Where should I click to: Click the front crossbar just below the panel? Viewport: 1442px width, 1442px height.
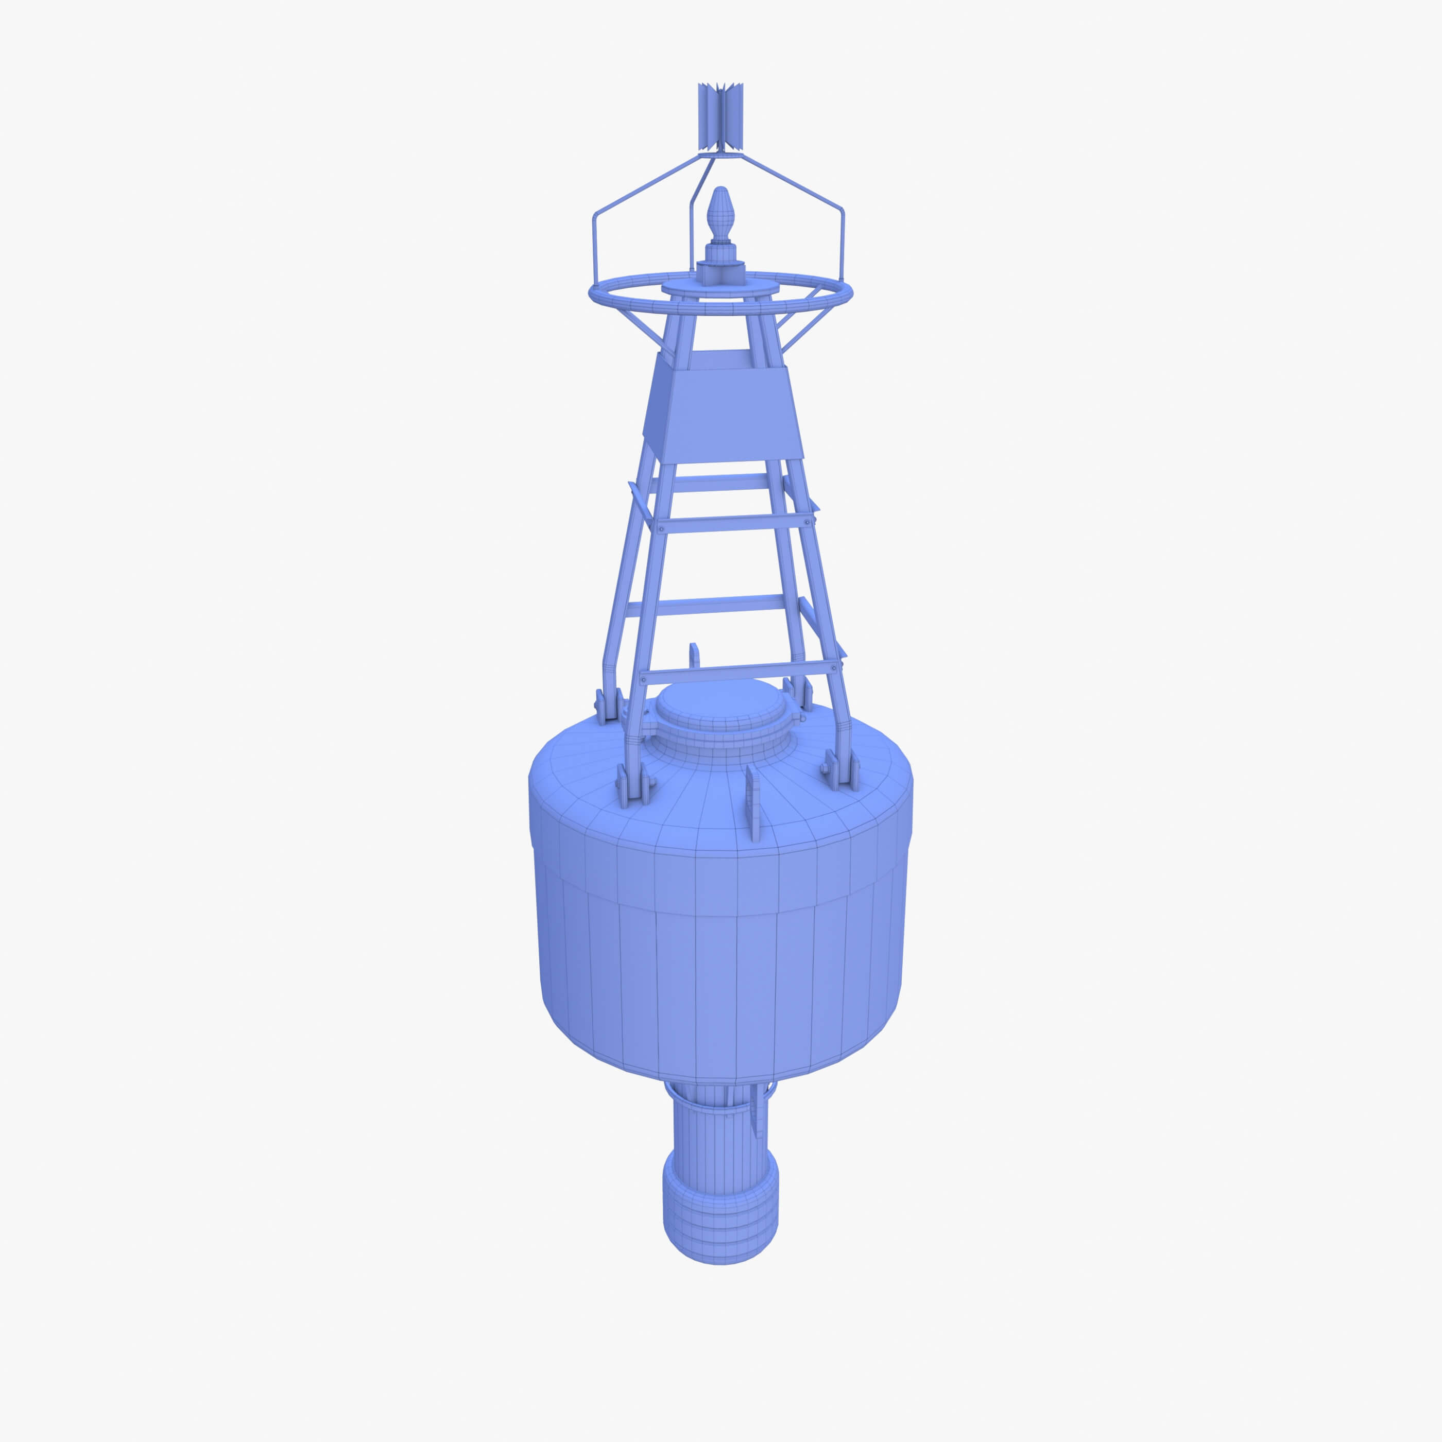735,522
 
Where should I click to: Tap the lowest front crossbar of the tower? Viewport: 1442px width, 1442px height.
739,672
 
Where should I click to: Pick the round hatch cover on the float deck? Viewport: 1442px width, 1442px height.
721,706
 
